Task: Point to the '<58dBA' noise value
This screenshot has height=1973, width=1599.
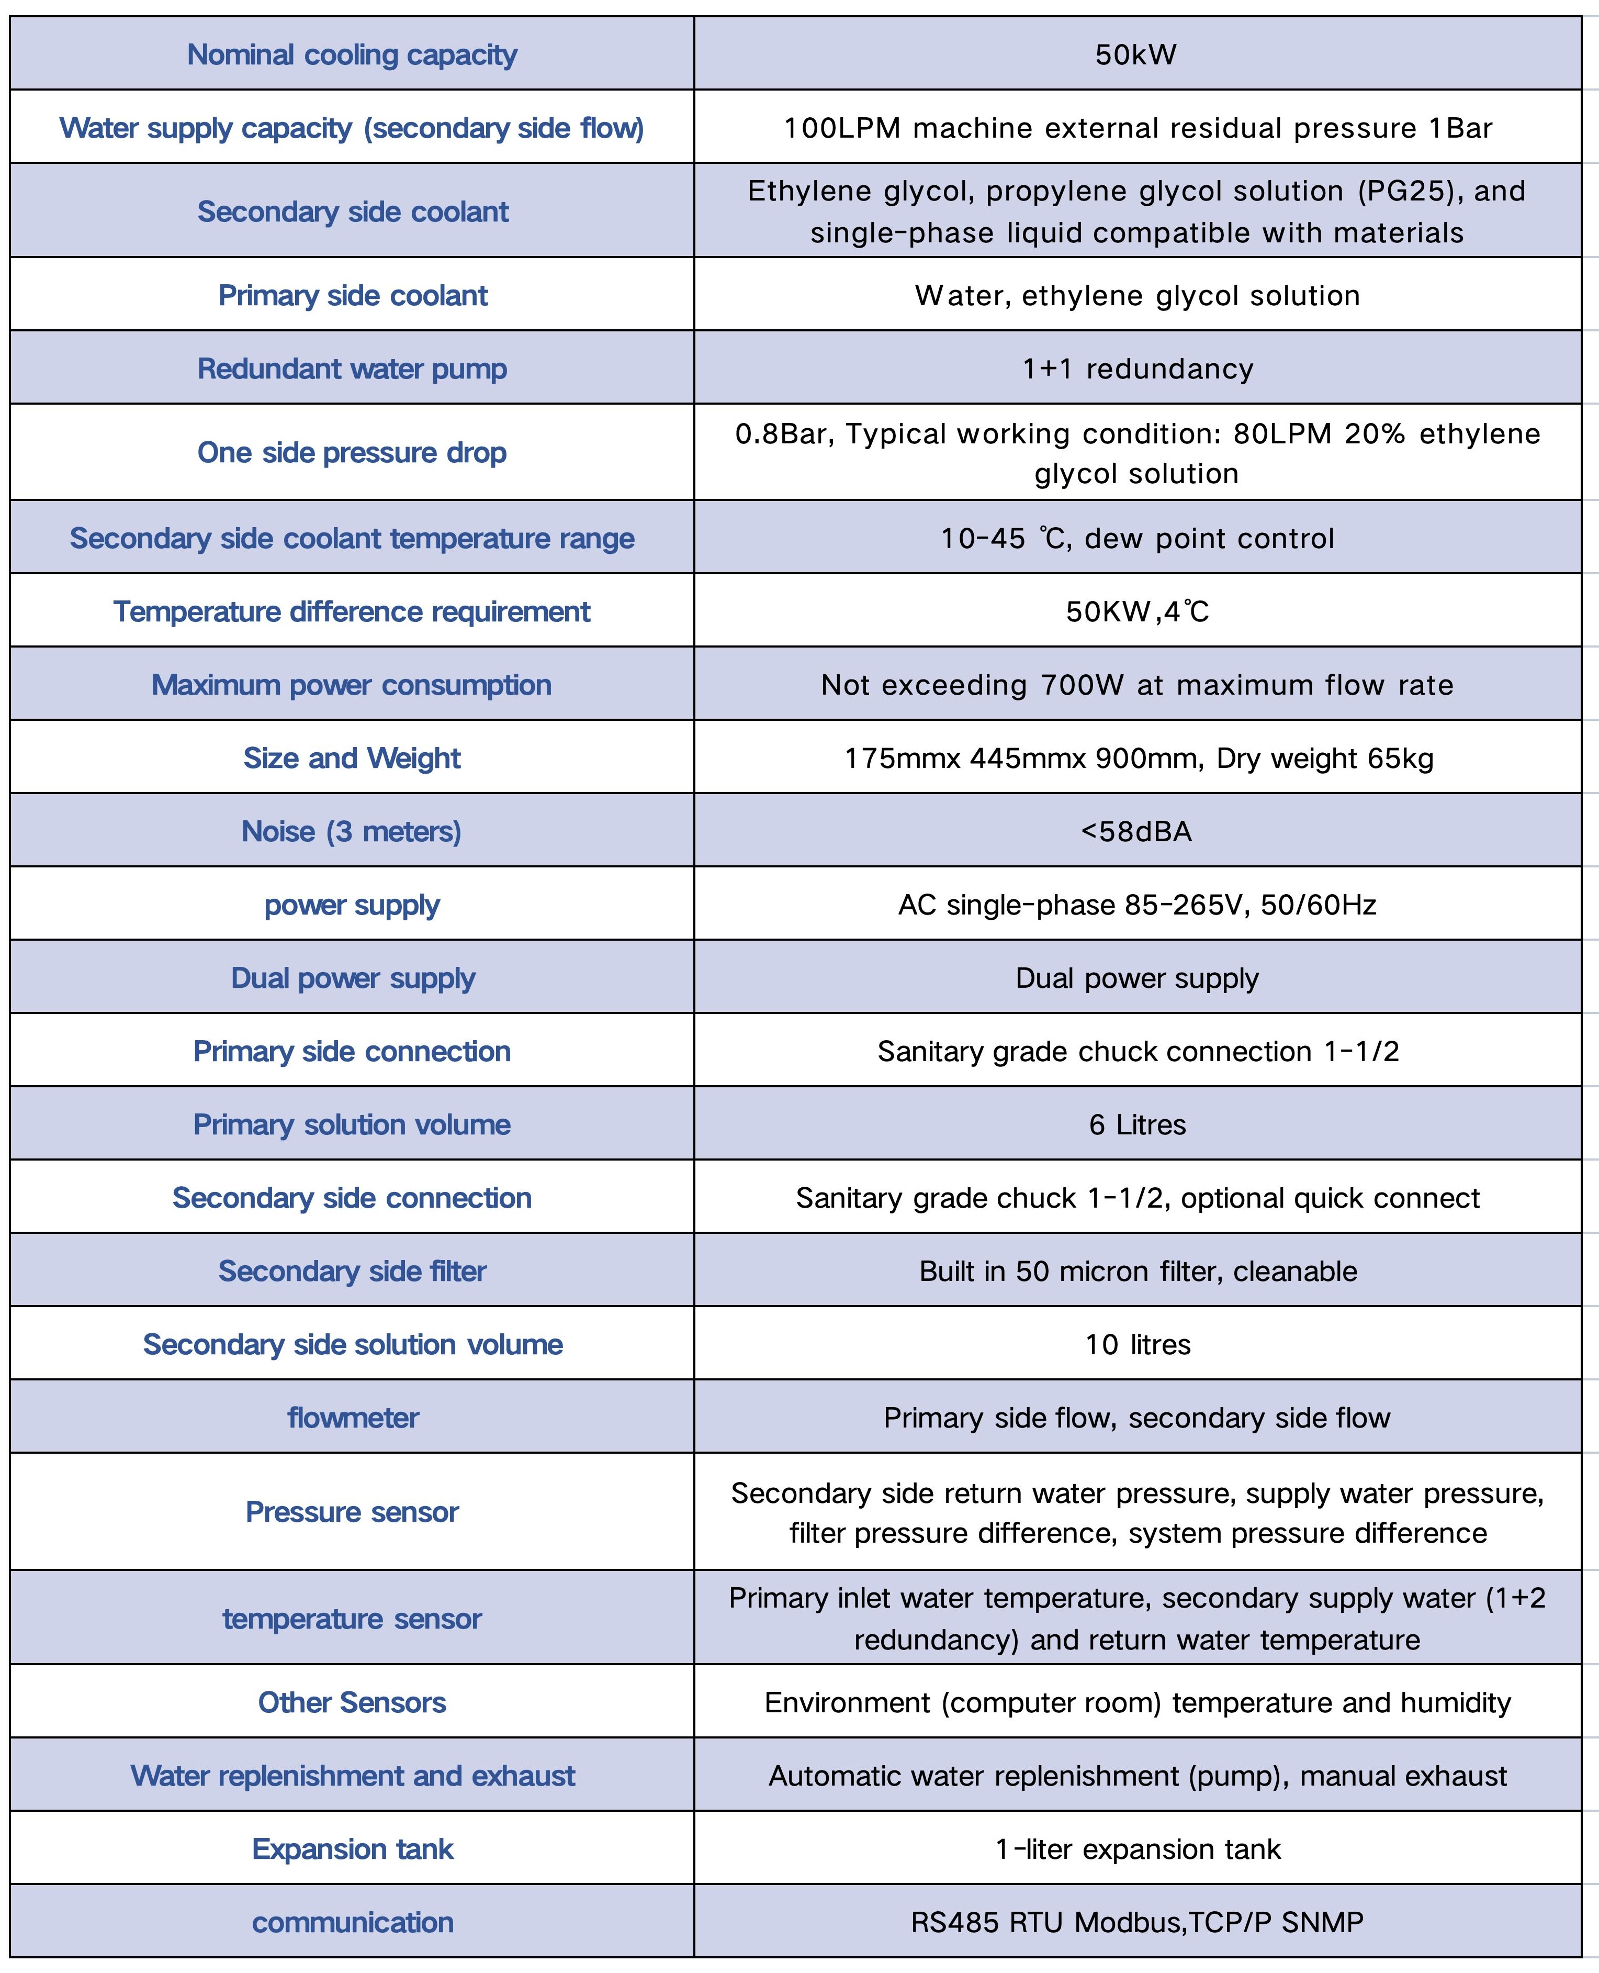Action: pos(1136,831)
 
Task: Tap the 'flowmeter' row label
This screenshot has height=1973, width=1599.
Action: pos(353,1417)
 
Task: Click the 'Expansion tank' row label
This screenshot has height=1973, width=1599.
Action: pos(353,1848)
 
